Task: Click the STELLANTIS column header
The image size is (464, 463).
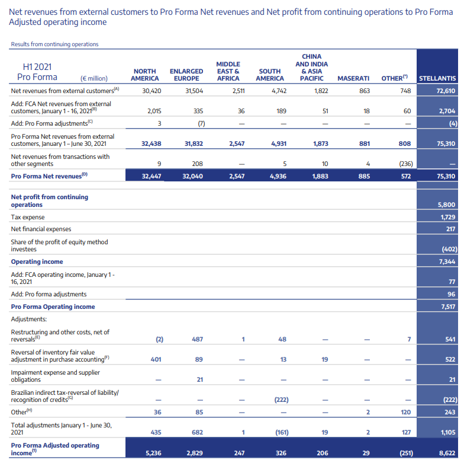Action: pyautogui.click(x=437, y=78)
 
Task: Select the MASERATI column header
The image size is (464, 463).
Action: pyautogui.click(x=353, y=78)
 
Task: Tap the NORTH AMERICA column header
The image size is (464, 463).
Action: pyautogui.click(x=144, y=75)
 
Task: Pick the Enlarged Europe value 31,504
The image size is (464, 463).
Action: pyautogui.click(x=194, y=91)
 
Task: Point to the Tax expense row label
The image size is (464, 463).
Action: pyautogui.click(x=29, y=218)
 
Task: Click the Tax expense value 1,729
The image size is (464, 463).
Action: pyautogui.click(x=447, y=218)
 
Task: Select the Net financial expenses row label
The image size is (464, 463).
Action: pyautogui.click(x=41, y=229)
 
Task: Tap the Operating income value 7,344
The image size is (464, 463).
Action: pyautogui.click(x=447, y=261)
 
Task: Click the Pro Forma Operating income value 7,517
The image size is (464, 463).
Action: pyautogui.click(x=447, y=306)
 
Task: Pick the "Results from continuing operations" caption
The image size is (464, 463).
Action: pyautogui.click(x=54, y=44)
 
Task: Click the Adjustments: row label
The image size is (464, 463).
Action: pyautogui.click(x=30, y=319)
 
